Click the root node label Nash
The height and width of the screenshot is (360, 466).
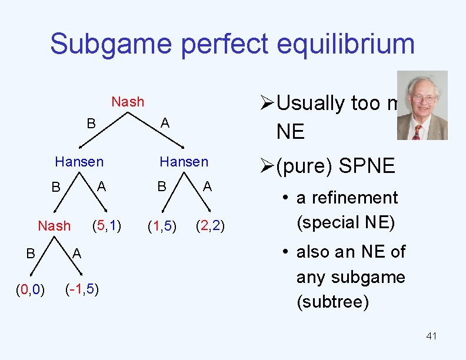128,102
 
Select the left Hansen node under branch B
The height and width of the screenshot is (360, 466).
79,161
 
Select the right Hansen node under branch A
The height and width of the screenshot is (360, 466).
184,161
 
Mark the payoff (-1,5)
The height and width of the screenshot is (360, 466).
82,289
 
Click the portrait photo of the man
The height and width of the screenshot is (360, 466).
422,105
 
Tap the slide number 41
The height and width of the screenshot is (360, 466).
431,336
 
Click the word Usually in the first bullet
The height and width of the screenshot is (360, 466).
311,103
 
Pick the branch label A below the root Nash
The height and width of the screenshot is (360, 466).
165,123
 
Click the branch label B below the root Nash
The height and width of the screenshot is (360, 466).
91,123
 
